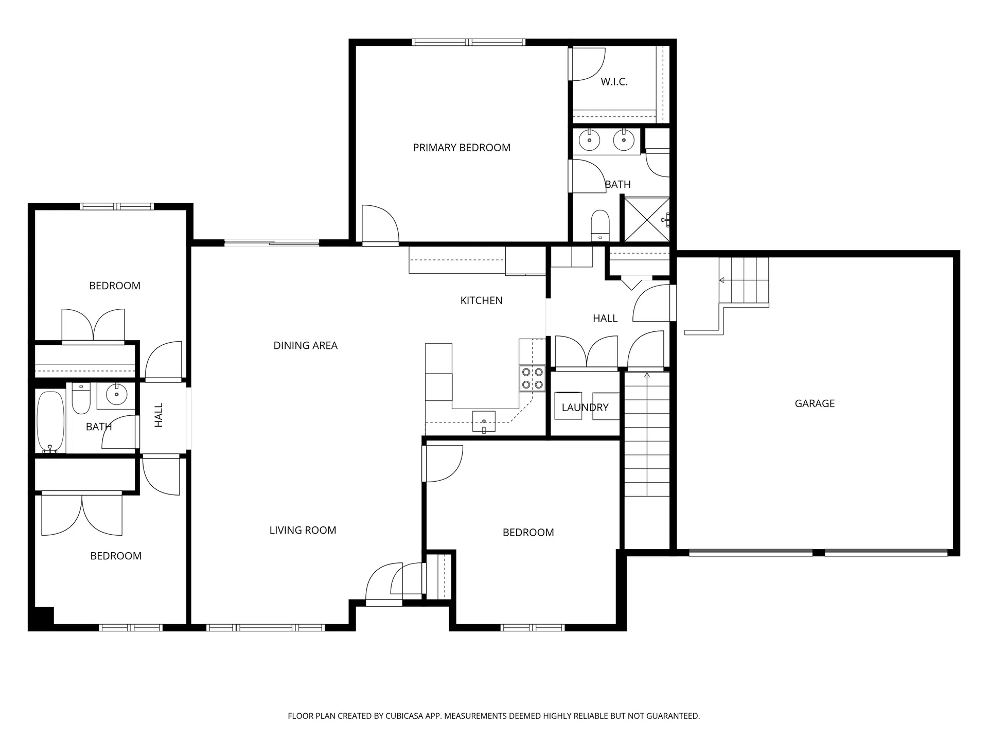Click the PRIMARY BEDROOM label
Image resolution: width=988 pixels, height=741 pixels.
point(462,148)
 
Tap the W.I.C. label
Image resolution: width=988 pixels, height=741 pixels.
point(614,82)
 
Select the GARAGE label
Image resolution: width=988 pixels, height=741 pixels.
point(815,403)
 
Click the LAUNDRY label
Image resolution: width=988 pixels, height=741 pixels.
point(585,408)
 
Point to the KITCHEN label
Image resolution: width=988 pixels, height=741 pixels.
point(481,301)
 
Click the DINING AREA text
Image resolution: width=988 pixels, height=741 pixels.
point(305,345)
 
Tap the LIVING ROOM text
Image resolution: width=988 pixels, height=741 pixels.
point(303,530)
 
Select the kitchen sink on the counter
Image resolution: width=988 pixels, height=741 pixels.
point(484,421)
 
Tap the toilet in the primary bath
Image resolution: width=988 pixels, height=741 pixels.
point(600,225)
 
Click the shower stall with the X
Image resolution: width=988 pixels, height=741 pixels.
point(646,220)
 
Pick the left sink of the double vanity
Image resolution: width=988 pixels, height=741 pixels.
point(589,139)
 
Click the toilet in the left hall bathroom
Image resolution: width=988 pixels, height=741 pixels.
point(81,399)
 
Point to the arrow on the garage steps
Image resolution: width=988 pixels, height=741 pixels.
point(722,280)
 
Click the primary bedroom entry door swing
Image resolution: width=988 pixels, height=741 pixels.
point(380,225)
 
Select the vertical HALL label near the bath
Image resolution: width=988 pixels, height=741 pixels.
point(159,415)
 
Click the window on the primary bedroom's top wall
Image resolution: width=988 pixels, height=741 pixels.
point(468,42)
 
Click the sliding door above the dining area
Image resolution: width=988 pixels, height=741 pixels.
point(272,242)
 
